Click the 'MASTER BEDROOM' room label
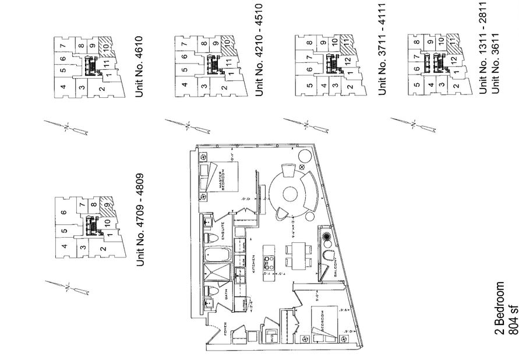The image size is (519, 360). pyautogui.click(x=222, y=180)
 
